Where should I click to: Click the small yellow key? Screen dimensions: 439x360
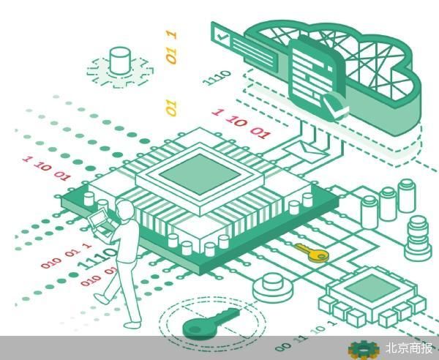312,252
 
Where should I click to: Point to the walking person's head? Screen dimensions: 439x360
124,209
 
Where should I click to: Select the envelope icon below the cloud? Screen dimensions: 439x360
304,149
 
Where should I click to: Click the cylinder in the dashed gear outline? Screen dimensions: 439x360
120,61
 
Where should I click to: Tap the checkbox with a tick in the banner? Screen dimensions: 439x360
222,37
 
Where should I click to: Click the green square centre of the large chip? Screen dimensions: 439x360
200,173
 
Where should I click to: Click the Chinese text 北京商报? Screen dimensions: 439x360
409,348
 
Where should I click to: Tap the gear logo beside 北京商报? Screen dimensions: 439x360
364,350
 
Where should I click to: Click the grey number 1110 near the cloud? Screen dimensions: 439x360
217,78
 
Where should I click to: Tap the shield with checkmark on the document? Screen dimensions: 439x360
336,106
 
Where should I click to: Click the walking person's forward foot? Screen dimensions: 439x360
102,299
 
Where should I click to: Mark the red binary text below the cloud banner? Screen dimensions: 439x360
241,124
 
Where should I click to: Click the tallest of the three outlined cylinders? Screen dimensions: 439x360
407,195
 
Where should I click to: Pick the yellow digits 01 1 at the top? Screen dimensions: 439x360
171,47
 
